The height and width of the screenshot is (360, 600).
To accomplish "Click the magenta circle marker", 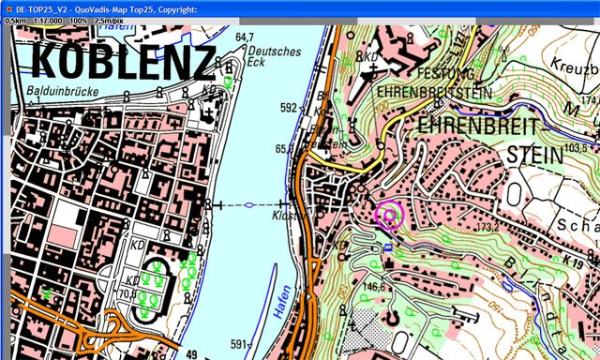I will click(388, 215).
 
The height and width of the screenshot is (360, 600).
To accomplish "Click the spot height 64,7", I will click(245, 37).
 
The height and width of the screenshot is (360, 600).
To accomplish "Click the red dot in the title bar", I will click(7, 7).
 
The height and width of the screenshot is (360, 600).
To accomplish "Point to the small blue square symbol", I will click(387, 247).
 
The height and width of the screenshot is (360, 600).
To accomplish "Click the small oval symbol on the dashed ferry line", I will click(249, 204).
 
